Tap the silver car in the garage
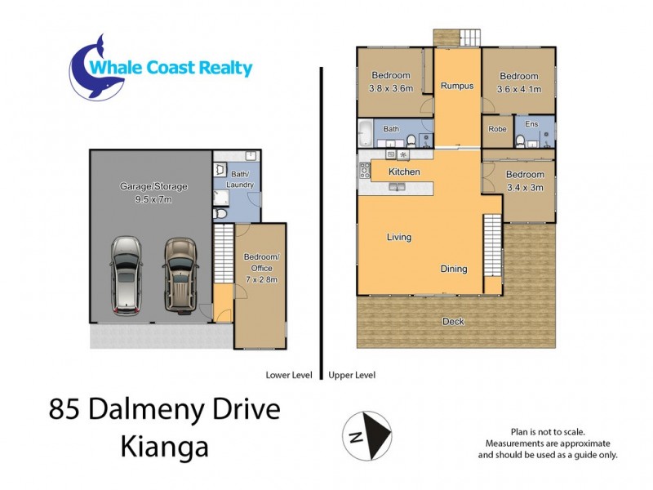click(125, 274)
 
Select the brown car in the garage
click(180, 274)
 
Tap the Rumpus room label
click(457, 86)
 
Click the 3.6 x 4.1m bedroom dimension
click(520, 89)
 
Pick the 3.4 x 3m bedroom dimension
click(524, 187)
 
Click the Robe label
click(497, 129)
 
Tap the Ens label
click(532, 124)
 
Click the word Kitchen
click(404, 171)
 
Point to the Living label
click(399, 238)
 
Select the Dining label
click(454, 269)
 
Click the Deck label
click(453, 321)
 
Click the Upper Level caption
click(352, 376)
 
